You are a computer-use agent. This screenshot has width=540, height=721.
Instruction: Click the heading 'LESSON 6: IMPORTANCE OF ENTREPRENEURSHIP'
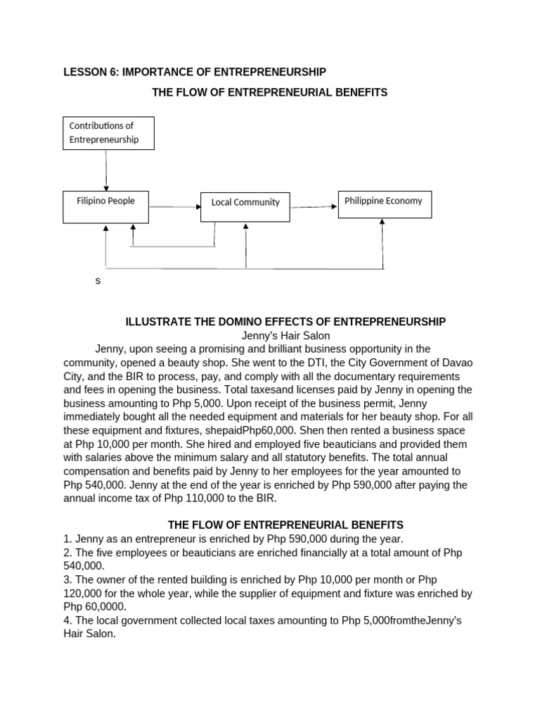[x=195, y=72]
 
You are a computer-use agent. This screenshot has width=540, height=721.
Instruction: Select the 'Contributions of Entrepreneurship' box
[x=108, y=133]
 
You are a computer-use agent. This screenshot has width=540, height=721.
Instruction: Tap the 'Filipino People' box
[x=106, y=201]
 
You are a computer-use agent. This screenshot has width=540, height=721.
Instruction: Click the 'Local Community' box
[x=245, y=203]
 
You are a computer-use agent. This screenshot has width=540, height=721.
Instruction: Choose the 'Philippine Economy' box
[x=383, y=201]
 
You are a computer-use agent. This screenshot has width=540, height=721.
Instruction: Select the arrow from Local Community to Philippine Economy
[x=314, y=207]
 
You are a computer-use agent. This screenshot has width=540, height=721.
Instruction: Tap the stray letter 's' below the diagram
[x=98, y=281]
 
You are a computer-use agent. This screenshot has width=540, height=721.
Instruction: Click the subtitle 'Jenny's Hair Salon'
[x=285, y=336]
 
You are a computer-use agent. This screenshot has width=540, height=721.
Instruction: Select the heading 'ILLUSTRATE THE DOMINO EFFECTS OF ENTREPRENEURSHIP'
[x=285, y=322]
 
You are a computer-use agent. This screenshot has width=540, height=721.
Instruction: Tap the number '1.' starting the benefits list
[x=67, y=539]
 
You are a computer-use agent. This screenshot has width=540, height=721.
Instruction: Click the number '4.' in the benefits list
[x=67, y=620]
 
